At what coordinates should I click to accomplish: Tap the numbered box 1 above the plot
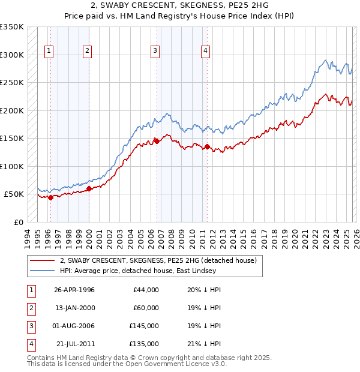(x=48, y=52)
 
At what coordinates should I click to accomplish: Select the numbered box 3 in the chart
(x=155, y=52)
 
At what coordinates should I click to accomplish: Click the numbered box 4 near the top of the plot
(x=205, y=52)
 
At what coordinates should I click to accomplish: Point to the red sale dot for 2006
(x=157, y=141)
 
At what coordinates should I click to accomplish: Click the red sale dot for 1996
(x=51, y=197)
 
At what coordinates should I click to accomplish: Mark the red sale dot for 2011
(x=207, y=146)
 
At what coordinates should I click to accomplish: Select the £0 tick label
(x=18, y=222)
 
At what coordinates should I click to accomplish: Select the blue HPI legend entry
(x=144, y=271)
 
